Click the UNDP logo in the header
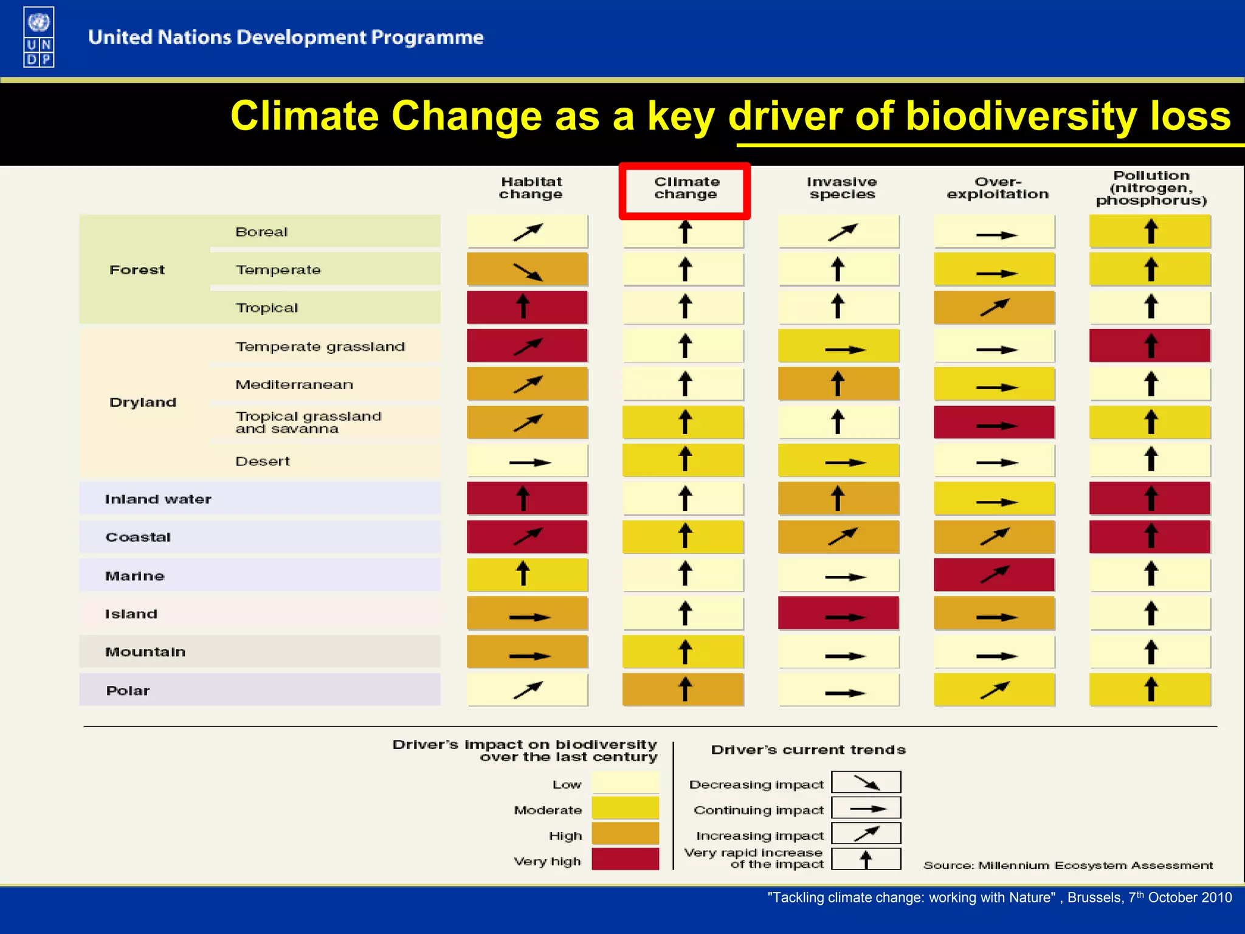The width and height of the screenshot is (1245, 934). point(38,36)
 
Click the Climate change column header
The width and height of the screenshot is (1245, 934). point(686,188)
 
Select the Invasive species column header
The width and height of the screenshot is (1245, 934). point(842,188)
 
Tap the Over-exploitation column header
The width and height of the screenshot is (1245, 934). point(998,188)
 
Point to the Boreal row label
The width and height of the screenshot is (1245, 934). point(261,232)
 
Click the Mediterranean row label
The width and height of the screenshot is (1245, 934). point(294,384)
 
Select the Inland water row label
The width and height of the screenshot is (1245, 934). point(158,499)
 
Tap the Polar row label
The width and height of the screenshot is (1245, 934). point(128,691)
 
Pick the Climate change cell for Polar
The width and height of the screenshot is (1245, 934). point(683,690)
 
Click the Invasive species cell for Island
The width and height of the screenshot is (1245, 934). point(838,614)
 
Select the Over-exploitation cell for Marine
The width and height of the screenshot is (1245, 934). point(994,575)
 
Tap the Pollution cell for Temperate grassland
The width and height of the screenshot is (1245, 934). point(1150,346)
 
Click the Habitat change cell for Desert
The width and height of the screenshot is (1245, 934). point(527,461)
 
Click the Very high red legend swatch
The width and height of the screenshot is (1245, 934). point(625,859)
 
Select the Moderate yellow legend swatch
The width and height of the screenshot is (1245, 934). point(625,808)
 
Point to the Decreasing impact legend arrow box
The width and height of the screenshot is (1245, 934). point(866,783)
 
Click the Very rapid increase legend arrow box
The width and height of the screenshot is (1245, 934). point(866,859)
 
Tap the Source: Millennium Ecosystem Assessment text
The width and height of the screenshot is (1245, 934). point(1067,865)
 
